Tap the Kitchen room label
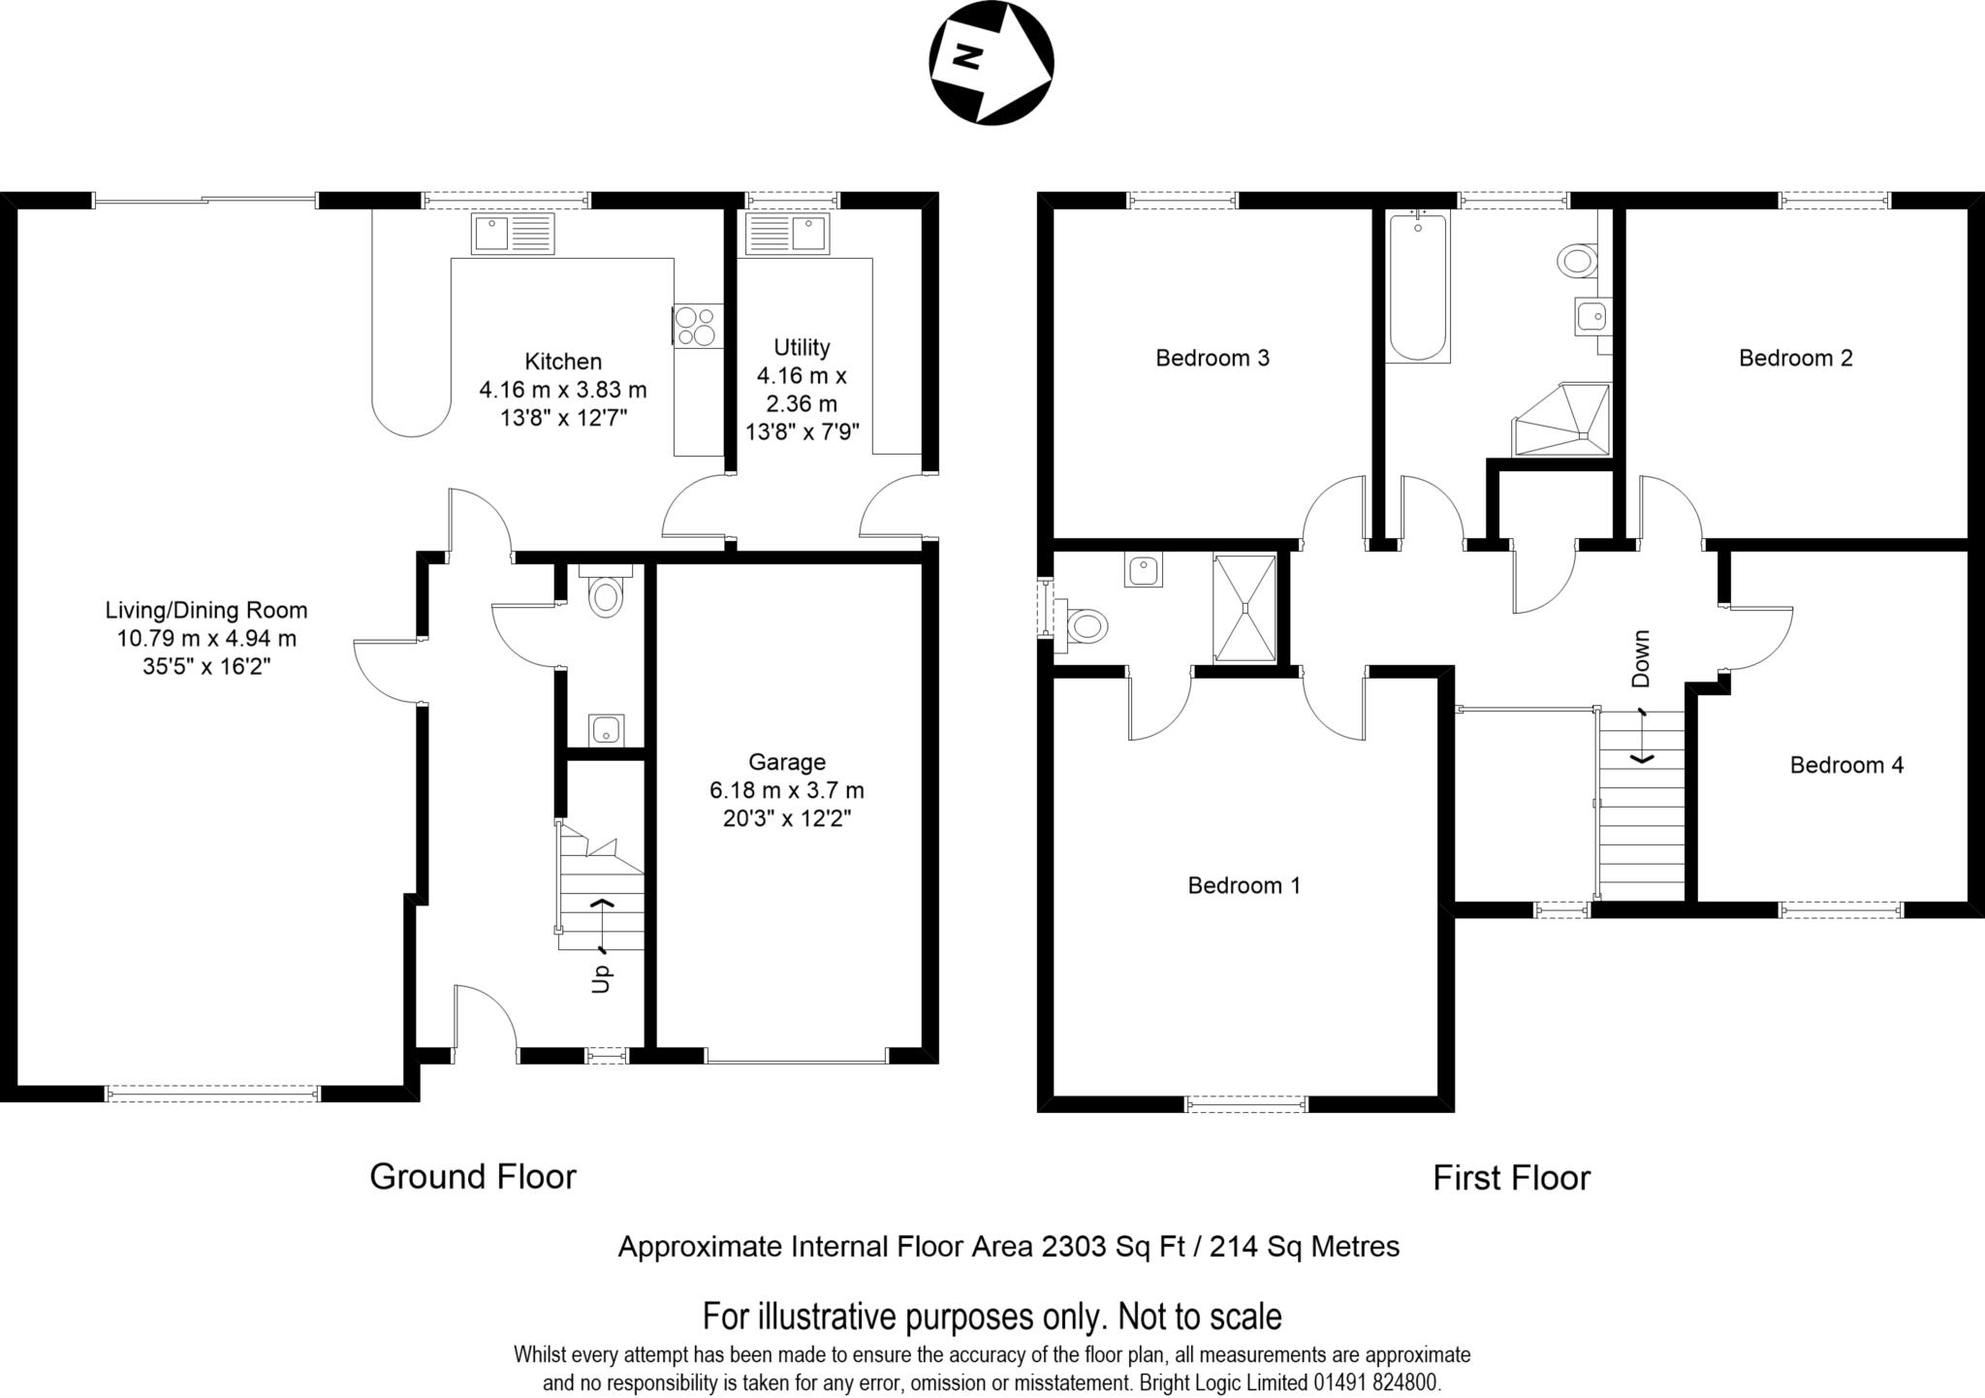tap(563, 362)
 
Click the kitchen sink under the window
tap(513, 234)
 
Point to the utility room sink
tap(786, 234)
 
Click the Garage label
tap(787, 762)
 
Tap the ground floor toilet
tap(605, 591)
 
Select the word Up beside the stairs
tap(601, 977)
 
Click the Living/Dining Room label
tap(206, 611)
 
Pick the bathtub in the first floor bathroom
tap(1418, 286)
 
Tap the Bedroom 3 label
tap(1213, 359)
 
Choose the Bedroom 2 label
tap(1796, 359)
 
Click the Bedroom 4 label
tap(1846, 766)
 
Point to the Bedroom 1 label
tap(1245, 885)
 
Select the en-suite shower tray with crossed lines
tap(1245, 608)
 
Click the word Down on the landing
tap(1640, 658)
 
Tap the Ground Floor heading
tap(473, 1177)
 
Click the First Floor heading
tap(1512, 1178)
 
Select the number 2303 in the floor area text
tap(1074, 1247)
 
